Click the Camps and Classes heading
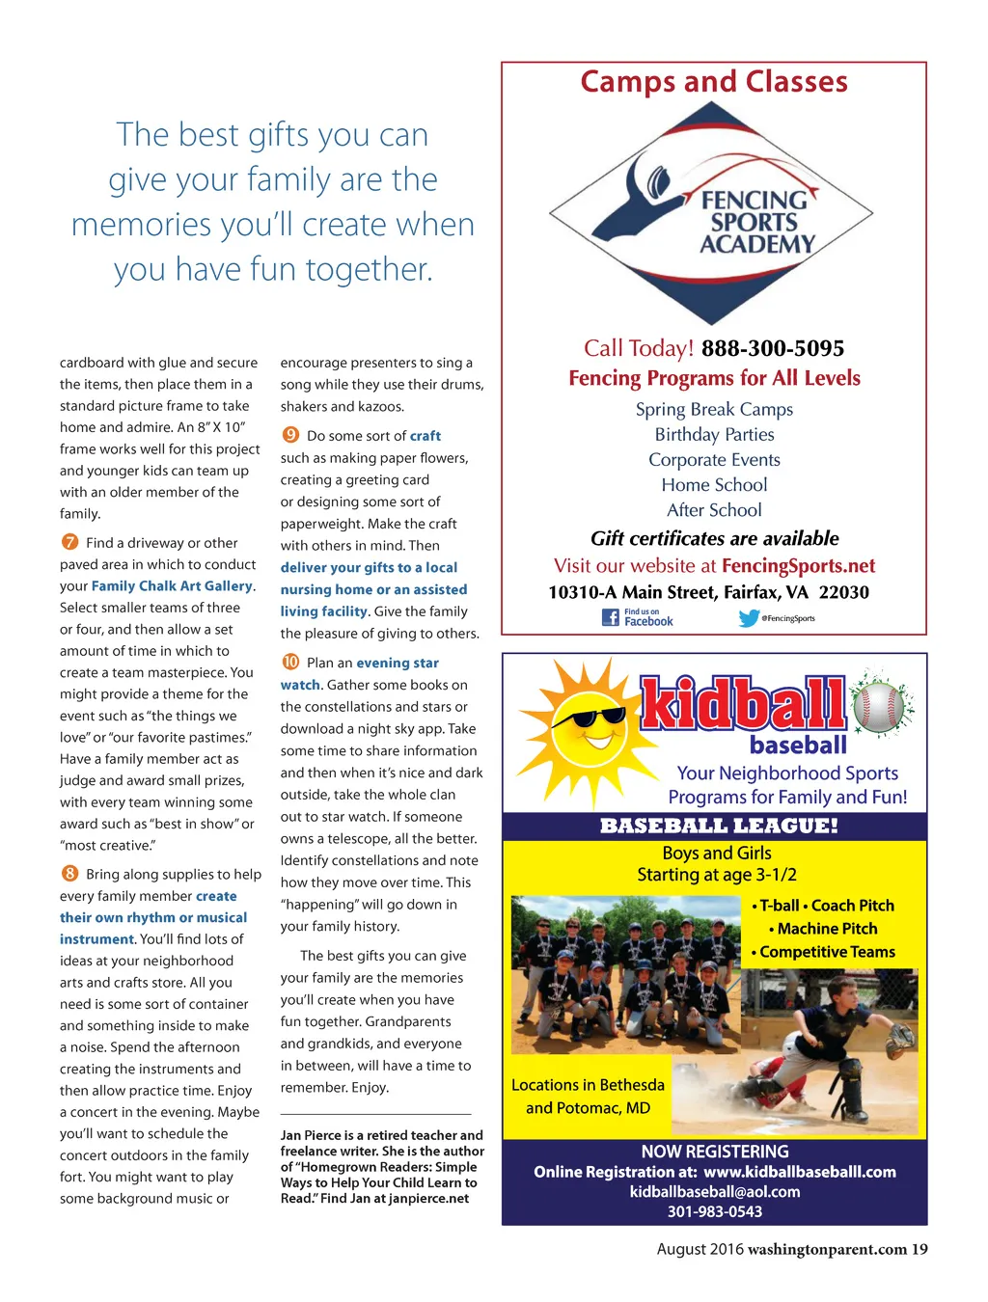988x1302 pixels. (714, 82)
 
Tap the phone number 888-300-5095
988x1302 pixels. (773, 348)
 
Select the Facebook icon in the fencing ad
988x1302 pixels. (611, 617)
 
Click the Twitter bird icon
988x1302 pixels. (749, 618)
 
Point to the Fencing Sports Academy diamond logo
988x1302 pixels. (711, 213)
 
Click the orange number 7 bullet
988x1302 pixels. (69, 542)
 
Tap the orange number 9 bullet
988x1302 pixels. (290, 435)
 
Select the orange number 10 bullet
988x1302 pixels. (290, 662)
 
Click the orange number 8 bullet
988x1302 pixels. (69, 874)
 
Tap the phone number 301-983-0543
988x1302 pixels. (715, 1211)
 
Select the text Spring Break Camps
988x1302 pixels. (714, 409)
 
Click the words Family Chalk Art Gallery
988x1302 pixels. (173, 585)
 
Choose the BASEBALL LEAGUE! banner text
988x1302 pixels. (719, 826)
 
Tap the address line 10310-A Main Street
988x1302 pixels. (708, 592)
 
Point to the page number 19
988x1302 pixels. (919, 1249)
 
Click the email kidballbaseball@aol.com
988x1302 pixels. (715, 1191)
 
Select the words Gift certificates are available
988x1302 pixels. (715, 538)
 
